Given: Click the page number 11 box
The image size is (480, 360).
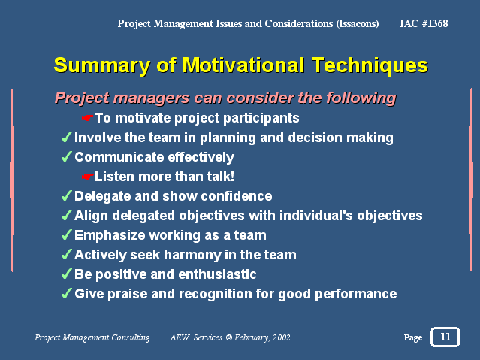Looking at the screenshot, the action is click(445, 337).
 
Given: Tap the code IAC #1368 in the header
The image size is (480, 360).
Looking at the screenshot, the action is click(424, 23).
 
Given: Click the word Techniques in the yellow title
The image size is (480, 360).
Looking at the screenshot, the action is click(370, 65).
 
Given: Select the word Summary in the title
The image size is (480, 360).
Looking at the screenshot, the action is click(102, 65).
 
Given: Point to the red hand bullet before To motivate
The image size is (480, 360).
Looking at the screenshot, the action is click(88, 118).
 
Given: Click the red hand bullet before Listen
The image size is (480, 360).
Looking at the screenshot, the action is click(88, 177).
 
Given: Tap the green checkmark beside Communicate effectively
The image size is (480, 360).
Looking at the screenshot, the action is click(67, 156).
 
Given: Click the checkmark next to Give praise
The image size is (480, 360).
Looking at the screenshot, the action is click(67, 293).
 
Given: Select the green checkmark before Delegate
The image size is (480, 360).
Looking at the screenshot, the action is click(67, 195).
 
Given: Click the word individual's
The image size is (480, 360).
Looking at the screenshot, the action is click(316, 216).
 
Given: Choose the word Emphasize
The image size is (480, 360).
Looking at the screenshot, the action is click(110, 235).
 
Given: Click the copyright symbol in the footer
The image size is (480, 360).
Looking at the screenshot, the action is click(229, 337).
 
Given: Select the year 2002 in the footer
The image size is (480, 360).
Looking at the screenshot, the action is click(282, 337).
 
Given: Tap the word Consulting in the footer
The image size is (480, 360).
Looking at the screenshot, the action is click(131, 337).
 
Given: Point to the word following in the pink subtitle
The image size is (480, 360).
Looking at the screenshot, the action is click(361, 98).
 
